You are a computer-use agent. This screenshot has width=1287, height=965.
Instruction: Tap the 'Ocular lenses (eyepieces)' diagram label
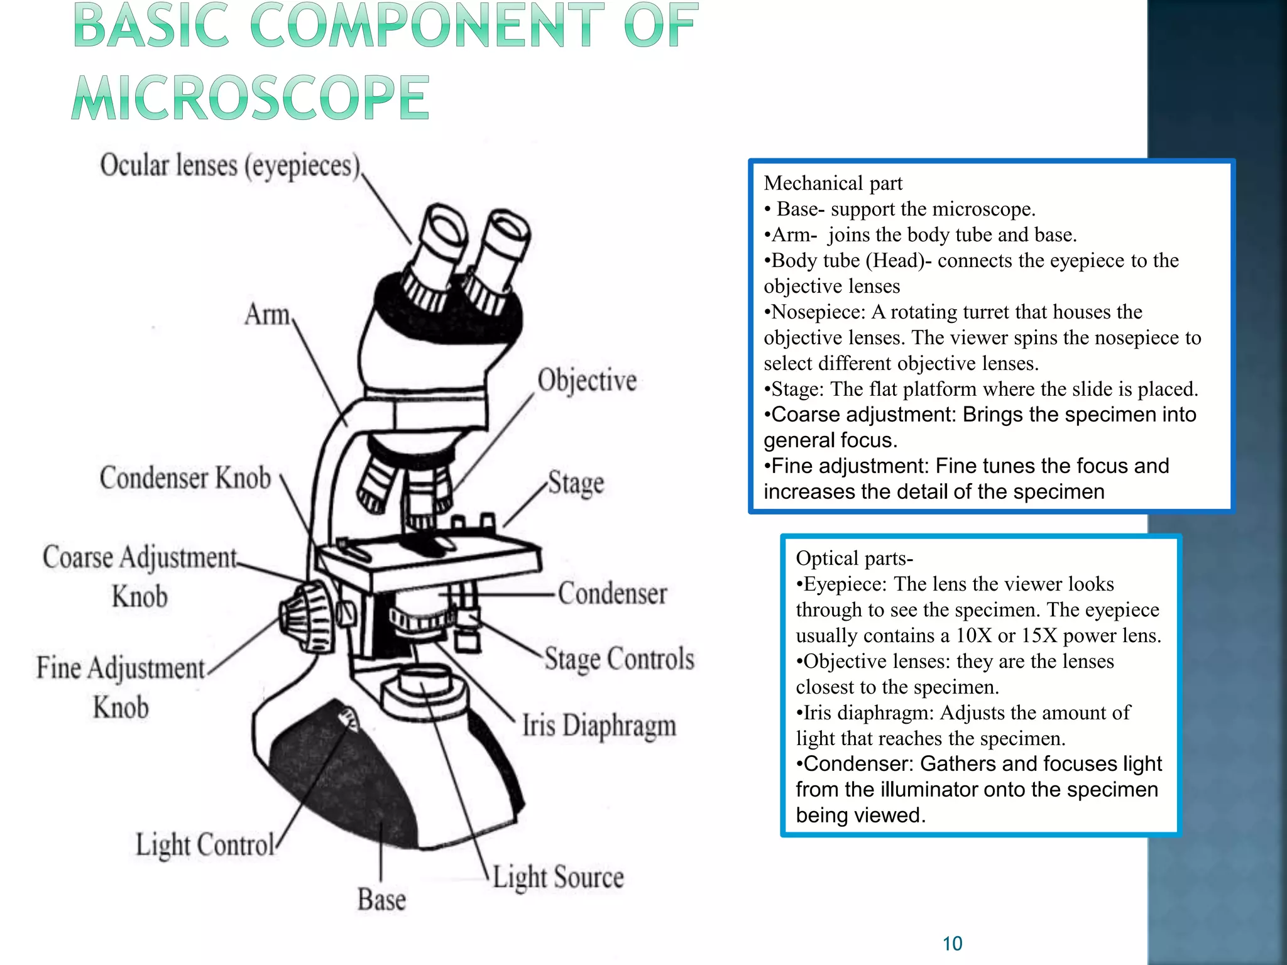tap(230, 166)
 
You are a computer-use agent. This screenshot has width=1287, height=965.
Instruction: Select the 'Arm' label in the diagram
tap(267, 314)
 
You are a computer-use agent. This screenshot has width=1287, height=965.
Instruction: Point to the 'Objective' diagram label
tap(587, 381)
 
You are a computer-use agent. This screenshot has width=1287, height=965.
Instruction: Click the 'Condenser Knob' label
tap(185, 478)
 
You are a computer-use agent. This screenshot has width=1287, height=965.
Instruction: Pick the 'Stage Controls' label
tap(619, 659)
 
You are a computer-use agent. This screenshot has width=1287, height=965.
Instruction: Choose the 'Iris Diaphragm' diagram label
tap(599, 726)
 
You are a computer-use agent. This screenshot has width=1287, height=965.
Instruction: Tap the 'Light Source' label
tap(558, 877)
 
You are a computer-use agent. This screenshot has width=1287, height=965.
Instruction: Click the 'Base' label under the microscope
tap(381, 899)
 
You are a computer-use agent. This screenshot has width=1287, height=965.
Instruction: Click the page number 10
tap(952, 943)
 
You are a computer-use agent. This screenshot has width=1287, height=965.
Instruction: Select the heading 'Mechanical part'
tap(833, 183)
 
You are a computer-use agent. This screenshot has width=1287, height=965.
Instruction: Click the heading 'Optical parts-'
tap(854, 559)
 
